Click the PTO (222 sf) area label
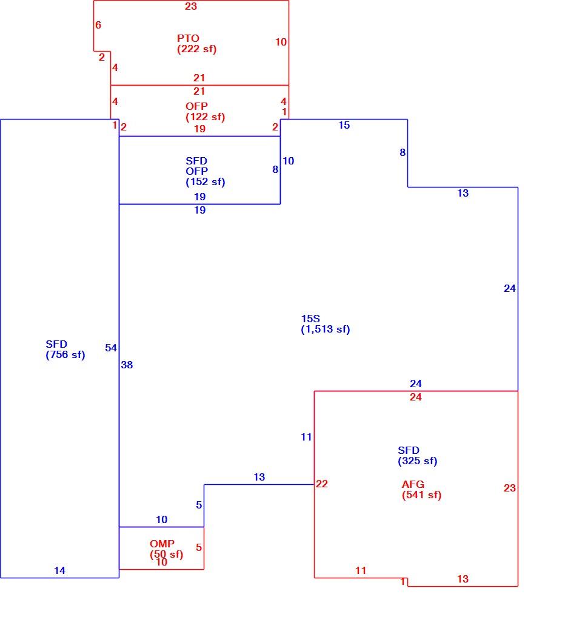click(197, 44)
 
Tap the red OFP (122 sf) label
click(205, 112)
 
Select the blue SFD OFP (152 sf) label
click(205, 171)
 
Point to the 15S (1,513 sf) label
click(326, 324)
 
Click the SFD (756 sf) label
click(65, 350)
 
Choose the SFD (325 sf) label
click(418, 456)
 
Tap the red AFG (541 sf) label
click(421, 490)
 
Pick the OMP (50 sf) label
click(167, 549)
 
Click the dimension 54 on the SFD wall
click(111, 348)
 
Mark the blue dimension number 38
click(127, 365)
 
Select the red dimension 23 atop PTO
click(191, 7)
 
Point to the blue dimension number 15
click(344, 125)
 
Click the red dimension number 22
click(322, 484)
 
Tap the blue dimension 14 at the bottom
click(60, 571)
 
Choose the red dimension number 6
click(98, 25)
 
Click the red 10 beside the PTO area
click(281, 42)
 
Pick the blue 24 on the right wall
click(510, 289)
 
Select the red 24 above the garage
click(415, 397)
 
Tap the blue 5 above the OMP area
click(199, 505)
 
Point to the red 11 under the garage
click(361, 571)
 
